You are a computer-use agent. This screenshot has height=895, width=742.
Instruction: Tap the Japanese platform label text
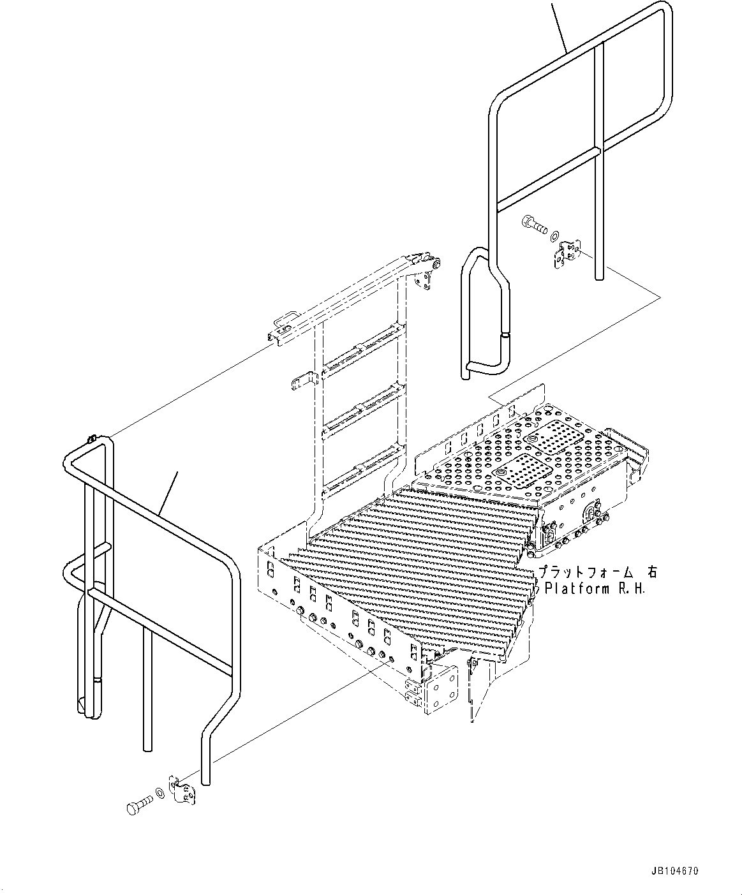pos(597,572)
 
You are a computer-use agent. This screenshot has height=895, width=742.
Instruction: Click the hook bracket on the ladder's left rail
pos(303,381)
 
